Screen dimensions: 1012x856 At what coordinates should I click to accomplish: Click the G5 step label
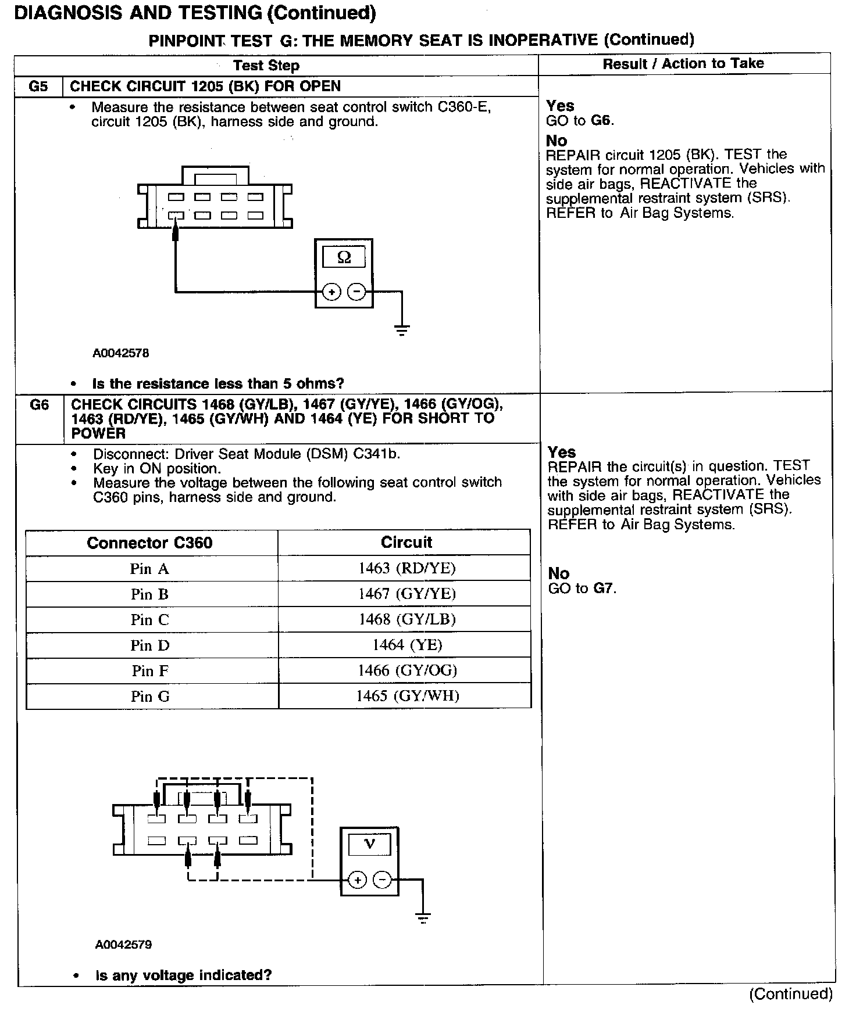[38, 87]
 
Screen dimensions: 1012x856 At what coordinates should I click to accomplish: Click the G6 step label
[39, 405]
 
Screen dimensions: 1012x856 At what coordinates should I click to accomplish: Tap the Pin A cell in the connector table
[150, 569]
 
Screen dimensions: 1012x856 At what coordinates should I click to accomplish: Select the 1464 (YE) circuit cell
[407, 645]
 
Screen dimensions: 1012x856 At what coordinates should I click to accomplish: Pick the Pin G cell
[150, 696]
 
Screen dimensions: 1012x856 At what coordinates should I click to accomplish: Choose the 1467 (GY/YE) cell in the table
[407, 594]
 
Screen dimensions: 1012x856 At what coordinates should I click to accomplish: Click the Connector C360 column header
[149, 543]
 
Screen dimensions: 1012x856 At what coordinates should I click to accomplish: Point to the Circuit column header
[406, 542]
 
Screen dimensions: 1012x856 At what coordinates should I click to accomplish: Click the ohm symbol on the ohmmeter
[344, 257]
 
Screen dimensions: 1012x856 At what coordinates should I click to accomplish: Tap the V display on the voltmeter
[369, 844]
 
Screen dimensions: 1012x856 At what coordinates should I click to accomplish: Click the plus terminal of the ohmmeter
[331, 292]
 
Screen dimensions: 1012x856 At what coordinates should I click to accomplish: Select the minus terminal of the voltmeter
[382, 881]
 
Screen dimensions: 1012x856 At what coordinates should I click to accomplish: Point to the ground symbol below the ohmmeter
[401, 331]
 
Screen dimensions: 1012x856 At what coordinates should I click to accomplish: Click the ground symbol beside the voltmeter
[423, 918]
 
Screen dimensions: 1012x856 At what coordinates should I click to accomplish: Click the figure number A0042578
[121, 353]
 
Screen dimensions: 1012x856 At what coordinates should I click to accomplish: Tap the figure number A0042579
[123, 945]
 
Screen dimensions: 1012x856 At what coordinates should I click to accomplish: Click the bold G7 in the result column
[604, 588]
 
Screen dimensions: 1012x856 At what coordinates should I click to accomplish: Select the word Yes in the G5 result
[560, 106]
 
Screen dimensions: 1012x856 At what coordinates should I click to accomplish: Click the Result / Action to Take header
[683, 64]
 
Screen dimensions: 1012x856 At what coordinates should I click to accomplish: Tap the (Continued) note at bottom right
[791, 994]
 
